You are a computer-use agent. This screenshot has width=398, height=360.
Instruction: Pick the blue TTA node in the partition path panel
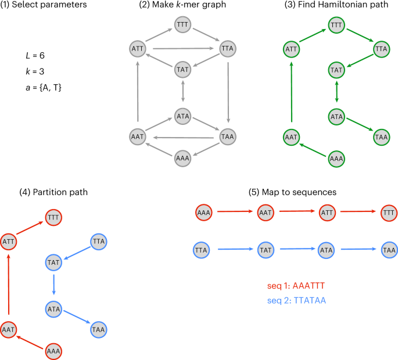pos(99,240)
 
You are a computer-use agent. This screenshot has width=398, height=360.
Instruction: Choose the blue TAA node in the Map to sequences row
pos(389,250)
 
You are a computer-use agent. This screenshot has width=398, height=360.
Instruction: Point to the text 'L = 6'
pos(32,56)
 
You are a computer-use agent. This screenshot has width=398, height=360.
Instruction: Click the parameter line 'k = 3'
pos(31,71)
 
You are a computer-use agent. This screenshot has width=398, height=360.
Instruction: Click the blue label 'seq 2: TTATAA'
pos(295,300)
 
